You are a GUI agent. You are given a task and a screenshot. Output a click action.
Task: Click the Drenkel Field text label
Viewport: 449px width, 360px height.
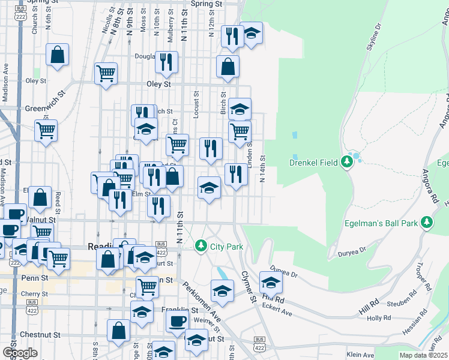(x=315, y=163)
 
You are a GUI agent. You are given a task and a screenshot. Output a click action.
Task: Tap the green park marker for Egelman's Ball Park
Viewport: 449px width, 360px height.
(x=427, y=223)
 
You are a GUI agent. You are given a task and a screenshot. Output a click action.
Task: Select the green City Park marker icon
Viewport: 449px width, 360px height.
(x=200, y=246)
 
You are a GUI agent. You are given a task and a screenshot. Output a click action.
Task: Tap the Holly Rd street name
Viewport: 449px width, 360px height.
(x=379, y=318)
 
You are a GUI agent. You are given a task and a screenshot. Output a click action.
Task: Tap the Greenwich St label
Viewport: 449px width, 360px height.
(x=44, y=109)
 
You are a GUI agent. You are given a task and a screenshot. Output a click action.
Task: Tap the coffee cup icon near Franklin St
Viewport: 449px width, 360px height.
(x=176, y=322)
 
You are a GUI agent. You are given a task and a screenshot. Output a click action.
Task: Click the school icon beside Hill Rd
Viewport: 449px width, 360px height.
(x=271, y=282)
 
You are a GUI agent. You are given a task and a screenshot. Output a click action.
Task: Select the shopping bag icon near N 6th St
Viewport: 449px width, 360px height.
(x=58, y=55)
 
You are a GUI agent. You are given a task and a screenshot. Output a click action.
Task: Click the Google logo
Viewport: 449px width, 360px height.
(x=20, y=352)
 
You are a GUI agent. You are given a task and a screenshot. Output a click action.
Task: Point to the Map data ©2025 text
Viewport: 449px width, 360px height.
(x=424, y=355)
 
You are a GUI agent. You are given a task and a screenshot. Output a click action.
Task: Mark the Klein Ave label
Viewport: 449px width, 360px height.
(x=361, y=355)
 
